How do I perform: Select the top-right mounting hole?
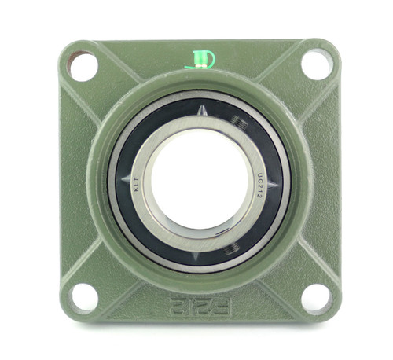(316, 64)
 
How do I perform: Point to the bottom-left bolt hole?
(83, 297)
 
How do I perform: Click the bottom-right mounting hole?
(315, 298)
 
